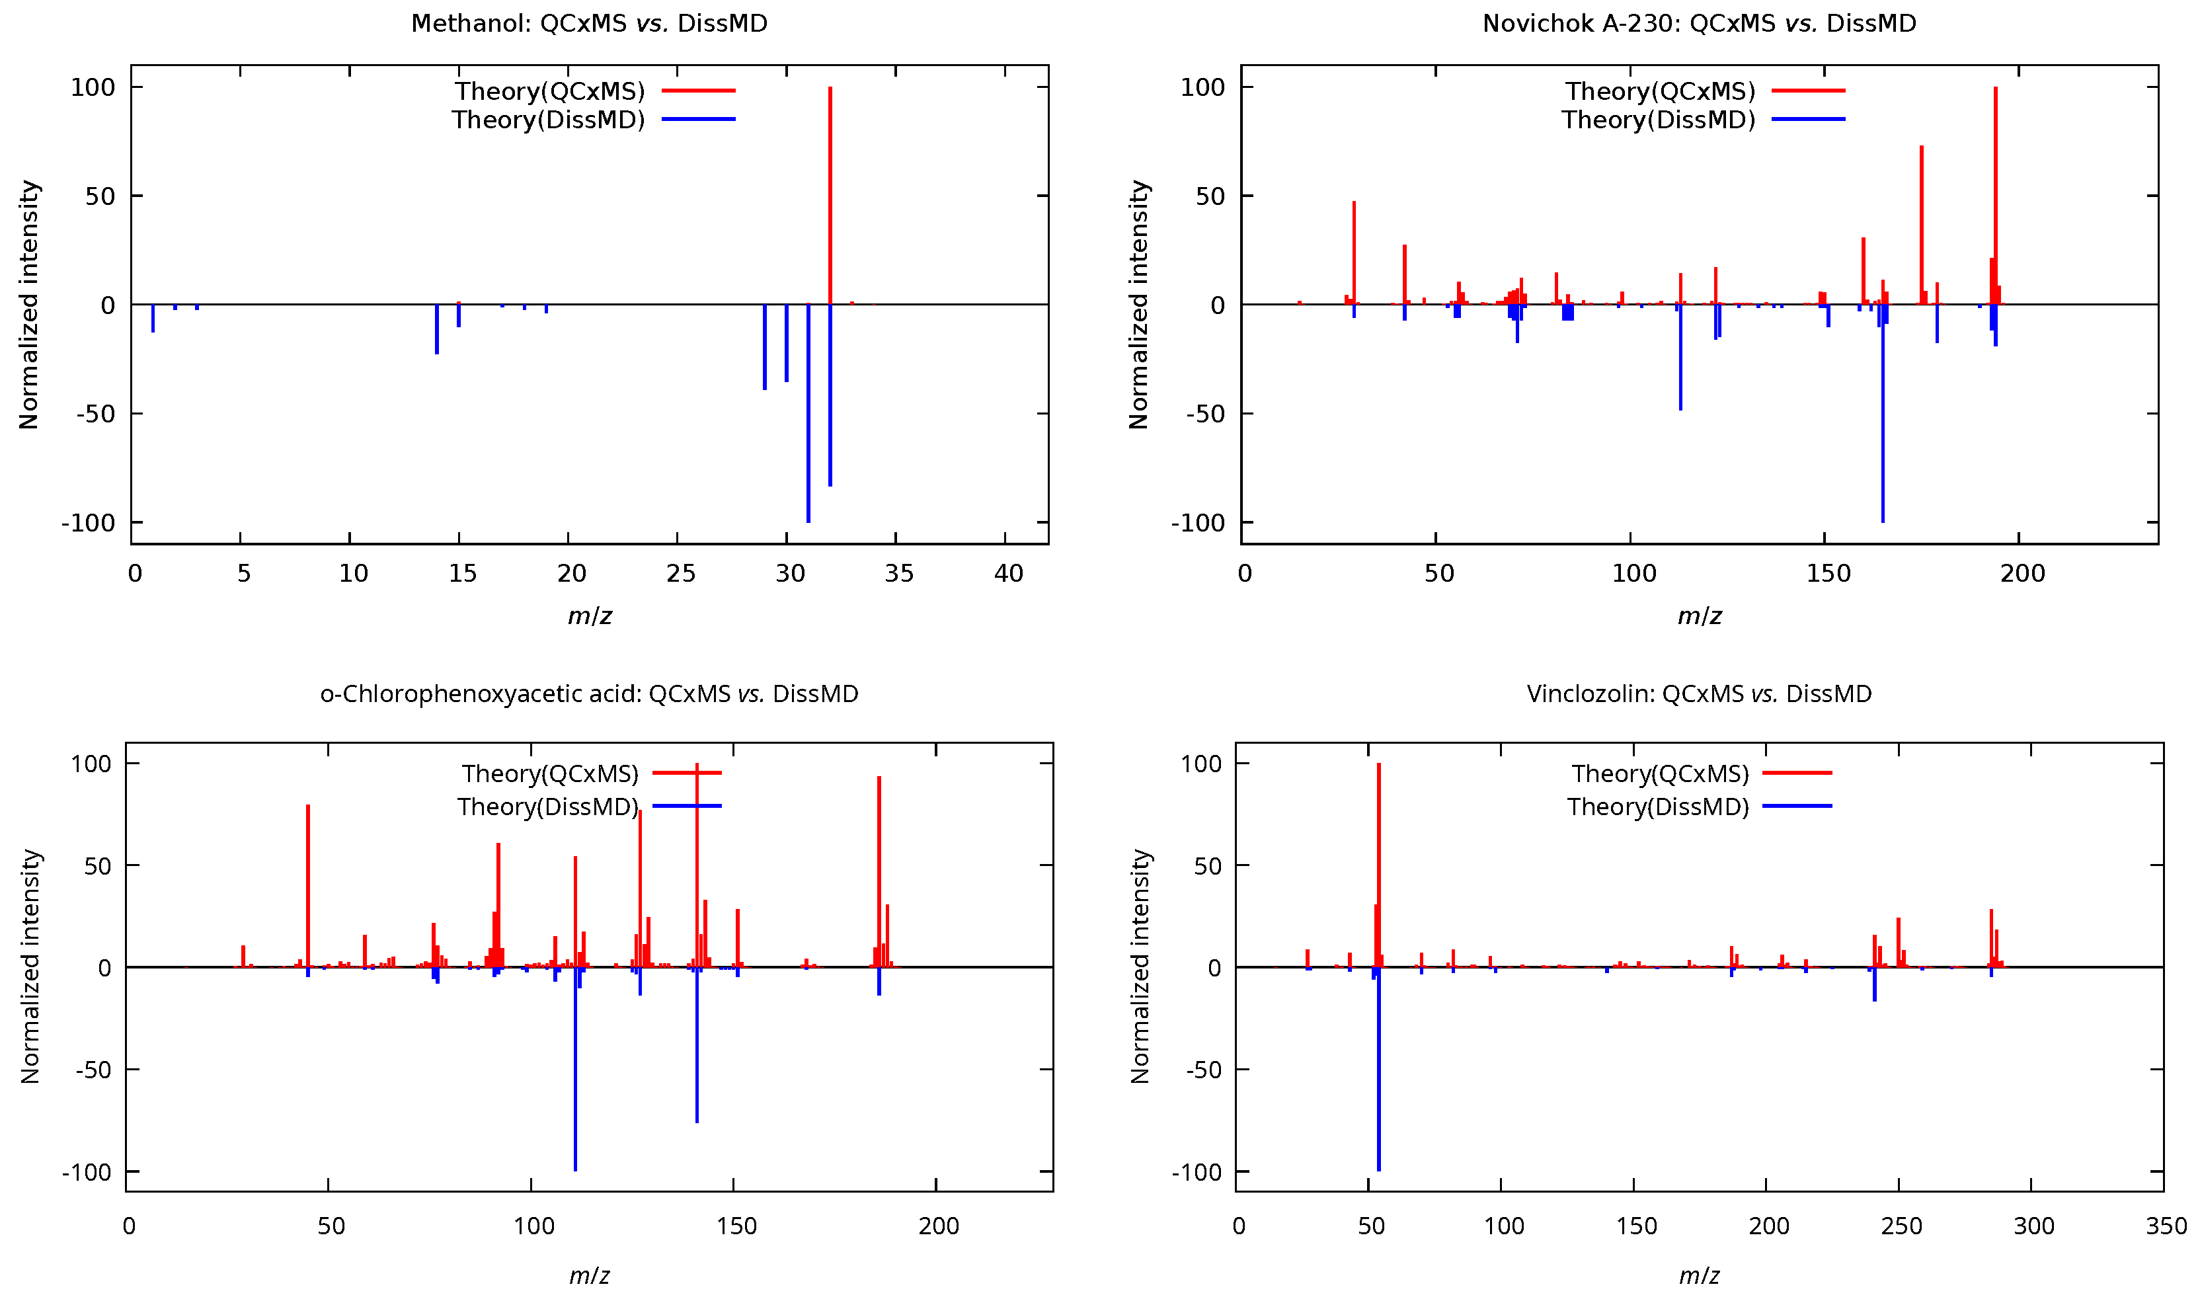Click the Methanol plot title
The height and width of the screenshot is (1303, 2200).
(x=589, y=24)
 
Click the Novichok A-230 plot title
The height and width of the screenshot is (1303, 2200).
(x=1699, y=24)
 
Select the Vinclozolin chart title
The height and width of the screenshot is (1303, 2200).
(x=1699, y=693)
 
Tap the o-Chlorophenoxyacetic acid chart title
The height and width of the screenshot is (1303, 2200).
(x=589, y=693)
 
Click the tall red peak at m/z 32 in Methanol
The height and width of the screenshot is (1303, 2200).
(x=830, y=193)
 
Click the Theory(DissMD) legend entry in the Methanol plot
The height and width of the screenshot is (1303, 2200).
(x=549, y=120)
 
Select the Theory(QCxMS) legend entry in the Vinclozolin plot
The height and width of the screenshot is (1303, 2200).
(x=1659, y=773)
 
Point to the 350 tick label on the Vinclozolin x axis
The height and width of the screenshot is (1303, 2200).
(x=2166, y=1226)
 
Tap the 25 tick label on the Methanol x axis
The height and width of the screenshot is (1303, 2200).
(x=680, y=574)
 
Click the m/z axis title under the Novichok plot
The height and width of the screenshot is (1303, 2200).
(x=1699, y=616)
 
